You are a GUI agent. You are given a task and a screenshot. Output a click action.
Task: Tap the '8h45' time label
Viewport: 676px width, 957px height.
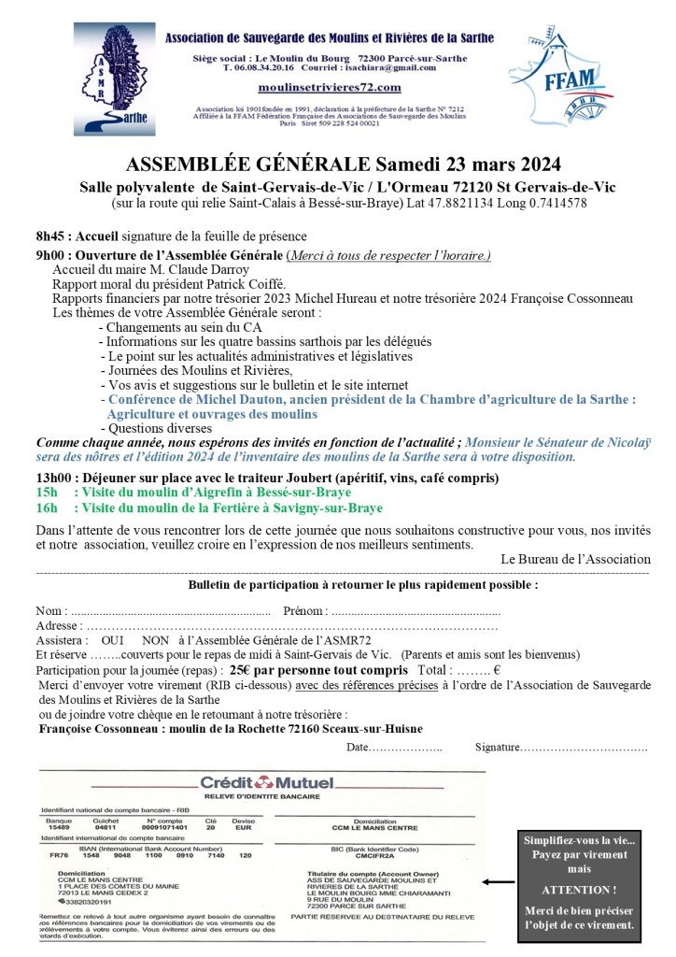(53, 236)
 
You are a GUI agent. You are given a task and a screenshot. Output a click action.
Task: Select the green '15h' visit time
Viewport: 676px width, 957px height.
(47, 493)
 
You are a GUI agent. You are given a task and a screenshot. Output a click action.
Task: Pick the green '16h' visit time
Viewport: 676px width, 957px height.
(47, 508)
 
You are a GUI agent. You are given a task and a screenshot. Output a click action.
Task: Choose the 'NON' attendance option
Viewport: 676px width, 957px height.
(156, 641)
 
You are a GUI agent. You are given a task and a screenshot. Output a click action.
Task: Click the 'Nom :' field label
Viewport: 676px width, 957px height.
(53, 611)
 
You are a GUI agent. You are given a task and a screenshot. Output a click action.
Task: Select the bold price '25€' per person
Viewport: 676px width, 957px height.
(240, 670)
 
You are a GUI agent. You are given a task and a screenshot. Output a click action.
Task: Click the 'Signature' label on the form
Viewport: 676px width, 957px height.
(497, 748)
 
